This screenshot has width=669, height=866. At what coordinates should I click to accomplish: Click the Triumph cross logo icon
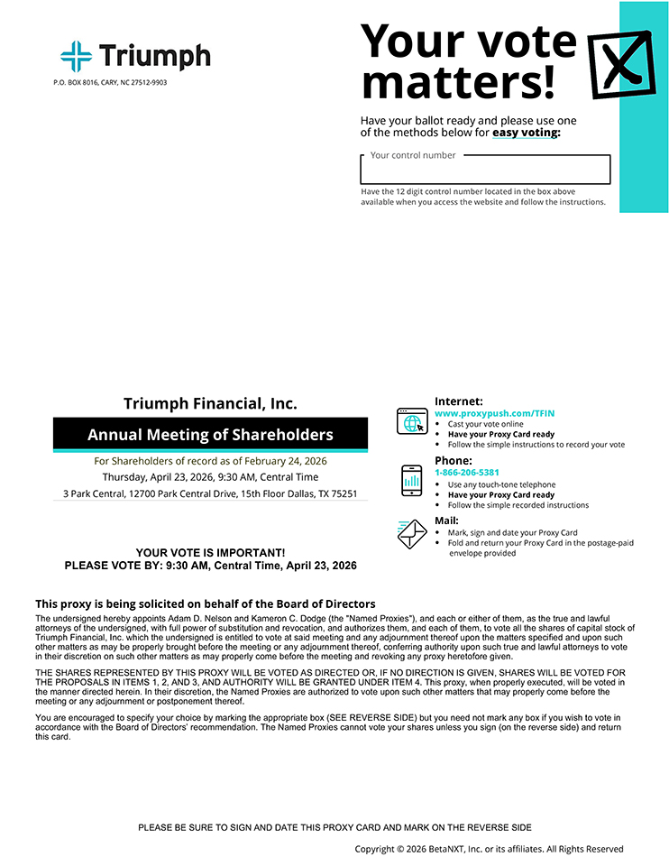(77, 56)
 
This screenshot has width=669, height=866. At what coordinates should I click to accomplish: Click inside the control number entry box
(485, 170)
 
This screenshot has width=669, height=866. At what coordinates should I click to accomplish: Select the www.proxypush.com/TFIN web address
(495, 413)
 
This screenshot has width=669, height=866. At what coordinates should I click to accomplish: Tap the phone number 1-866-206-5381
(467, 473)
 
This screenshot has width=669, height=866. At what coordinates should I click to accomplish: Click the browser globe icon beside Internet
(411, 421)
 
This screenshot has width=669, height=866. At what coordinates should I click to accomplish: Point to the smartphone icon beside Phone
(411, 481)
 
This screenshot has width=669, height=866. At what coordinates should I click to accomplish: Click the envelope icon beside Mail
(411, 533)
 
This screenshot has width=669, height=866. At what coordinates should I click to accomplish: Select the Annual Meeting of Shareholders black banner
(210, 435)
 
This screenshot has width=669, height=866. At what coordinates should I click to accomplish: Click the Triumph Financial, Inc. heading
(210, 404)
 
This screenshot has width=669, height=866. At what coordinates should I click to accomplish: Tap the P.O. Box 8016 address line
(110, 83)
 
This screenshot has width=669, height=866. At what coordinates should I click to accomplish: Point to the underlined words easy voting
(526, 133)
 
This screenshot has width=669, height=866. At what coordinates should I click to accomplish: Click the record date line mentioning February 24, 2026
(210, 461)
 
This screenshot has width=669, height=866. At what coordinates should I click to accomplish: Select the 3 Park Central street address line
(210, 493)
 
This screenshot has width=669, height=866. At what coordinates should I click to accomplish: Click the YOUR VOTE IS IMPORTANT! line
(210, 552)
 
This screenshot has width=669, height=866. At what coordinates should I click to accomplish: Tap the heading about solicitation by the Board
(206, 603)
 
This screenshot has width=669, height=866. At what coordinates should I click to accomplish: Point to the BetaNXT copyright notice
(489, 849)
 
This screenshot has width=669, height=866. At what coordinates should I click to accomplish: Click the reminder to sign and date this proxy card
(334, 827)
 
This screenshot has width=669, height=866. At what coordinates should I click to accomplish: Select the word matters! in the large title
(458, 82)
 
